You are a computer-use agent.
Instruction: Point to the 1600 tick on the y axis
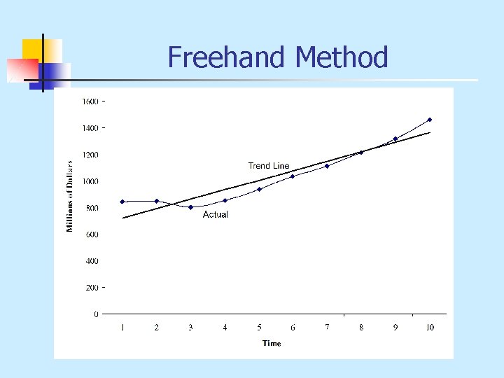point(90,102)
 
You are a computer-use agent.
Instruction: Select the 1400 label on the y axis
point(90,129)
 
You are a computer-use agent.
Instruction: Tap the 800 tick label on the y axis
point(92,208)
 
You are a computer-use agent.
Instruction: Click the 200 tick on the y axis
point(92,288)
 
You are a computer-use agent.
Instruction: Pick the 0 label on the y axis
point(97,314)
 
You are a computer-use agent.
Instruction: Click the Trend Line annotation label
point(269,166)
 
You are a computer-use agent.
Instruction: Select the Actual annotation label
point(216,215)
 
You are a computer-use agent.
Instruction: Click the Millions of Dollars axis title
point(70,195)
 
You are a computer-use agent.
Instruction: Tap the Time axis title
point(272,343)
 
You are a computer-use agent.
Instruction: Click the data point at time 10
point(429,120)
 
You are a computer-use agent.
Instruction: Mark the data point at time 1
point(122,202)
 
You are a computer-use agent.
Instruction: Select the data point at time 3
point(190,207)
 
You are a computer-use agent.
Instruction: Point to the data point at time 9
point(395,139)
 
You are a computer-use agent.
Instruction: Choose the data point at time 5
point(259,189)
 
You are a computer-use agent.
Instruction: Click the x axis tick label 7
point(327,327)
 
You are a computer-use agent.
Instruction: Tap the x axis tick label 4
point(225,327)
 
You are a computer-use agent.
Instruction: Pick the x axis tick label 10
point(429,327)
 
